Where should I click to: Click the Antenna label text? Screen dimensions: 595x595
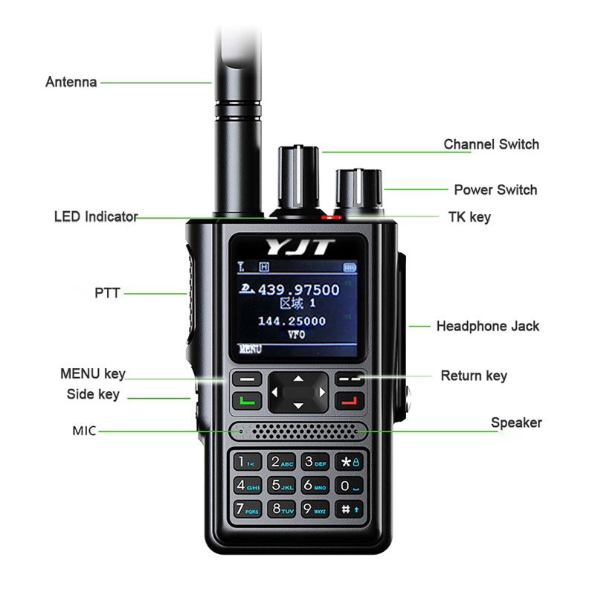coord(71,82)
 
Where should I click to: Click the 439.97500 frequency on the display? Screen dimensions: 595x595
coord(297,290)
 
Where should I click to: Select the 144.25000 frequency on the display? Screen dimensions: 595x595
coord(292,321)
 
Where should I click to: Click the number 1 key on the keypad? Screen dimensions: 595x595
coord(245,462)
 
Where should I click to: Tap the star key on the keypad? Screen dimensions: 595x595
coord(349,462)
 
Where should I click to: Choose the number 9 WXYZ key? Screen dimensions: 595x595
coord(315,509)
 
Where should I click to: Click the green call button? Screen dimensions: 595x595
coord(247,402)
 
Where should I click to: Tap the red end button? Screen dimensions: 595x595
coord(348,402)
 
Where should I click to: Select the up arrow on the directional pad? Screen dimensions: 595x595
coord(297,379)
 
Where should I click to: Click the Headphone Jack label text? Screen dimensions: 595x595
coord(487,326)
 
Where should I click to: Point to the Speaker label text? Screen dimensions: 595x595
coord(516,422)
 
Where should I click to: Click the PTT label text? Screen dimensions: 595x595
coord(107,294)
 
